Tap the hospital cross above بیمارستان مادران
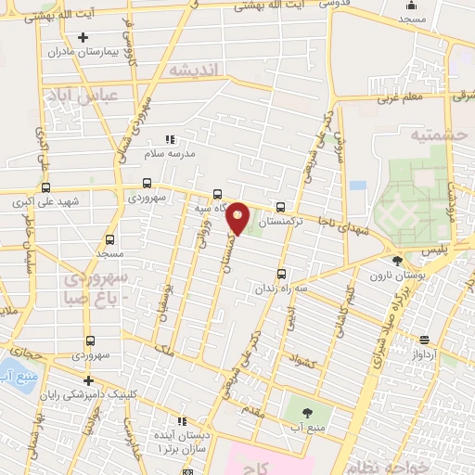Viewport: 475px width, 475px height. tap(83, 37)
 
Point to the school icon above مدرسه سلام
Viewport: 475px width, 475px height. tap(169, 138)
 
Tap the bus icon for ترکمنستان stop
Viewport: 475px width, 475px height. tap(280, 208)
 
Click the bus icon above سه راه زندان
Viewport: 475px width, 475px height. tap(280, 274)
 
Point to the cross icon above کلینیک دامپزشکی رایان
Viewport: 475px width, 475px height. tap(88, 380)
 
